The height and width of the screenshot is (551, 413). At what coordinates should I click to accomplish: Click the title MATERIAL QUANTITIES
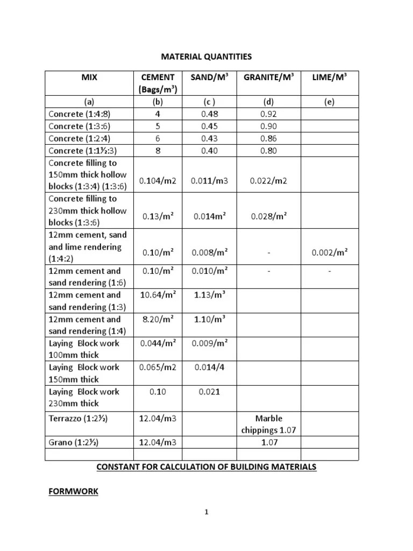pyautogui.click(x=207, y=56)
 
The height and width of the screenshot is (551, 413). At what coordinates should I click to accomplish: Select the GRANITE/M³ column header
pyautogui.click(x=268, y=77)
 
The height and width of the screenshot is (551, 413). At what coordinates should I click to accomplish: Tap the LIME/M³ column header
pyautogui.click(x=329, y=77)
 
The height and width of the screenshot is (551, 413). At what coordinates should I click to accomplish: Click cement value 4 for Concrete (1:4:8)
pyautogui.click(x=158, y=114)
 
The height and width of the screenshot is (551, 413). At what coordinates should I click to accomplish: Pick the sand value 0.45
pyautogui.click(x=209, y=126)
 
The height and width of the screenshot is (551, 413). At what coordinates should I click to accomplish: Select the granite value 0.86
pyautogui.click(x=268, y=138)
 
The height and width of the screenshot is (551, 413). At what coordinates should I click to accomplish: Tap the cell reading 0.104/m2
pyautogui.click(x=158, y=181)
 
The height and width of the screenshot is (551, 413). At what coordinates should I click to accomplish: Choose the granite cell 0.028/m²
pyautogui.click(x=268, y=216)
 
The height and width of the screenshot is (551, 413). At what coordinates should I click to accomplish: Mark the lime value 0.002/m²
pyautogui.click(x=329, y=252)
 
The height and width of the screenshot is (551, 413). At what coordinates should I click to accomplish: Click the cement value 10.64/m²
pyautogui.click(x=158, y=294)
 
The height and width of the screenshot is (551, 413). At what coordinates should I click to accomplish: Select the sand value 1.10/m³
pyautogui.click(x=209, y=319)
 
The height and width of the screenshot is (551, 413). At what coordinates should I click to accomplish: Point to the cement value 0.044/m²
pyautogui.click(x=158, y=343)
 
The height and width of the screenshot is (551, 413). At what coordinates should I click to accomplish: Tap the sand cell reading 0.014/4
pyautogui.click(x=209, y=368)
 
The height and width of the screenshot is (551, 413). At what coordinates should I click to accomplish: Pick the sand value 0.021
pyautogui.click(x=209, y=392)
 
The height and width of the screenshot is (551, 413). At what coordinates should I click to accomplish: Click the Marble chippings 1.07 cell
pyautogui.click(x=268, y=424)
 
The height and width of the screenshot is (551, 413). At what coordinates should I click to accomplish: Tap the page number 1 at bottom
pyautogui.click(x=206, y=512)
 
